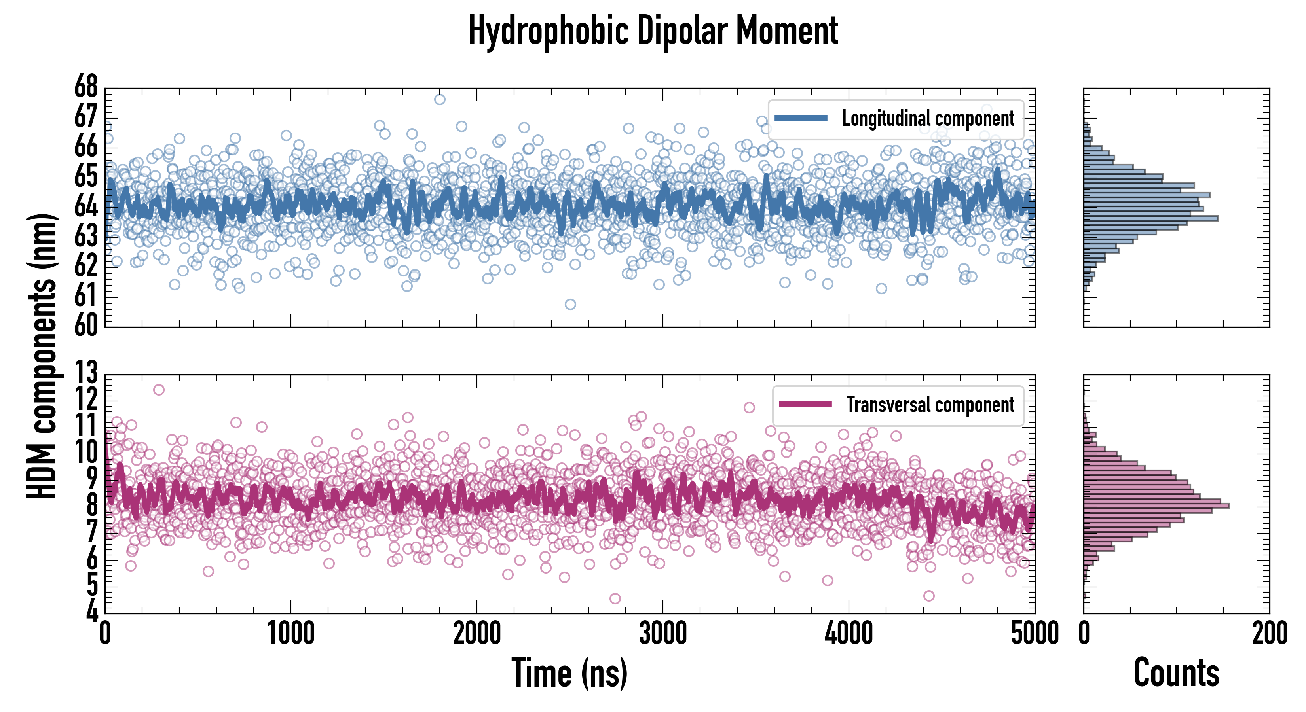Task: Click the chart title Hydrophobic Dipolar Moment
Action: pyautogui.click(x=653, y=31)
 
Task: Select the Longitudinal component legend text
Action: pyautogui.click(x=928, y=119)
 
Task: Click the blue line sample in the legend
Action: pyautogui.click(x=801, y=119)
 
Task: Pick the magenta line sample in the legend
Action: pyautogui.click(x=805, y=404)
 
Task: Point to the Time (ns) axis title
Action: pyautogui.click(x=569, y=673)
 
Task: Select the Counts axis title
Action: pyautogui.click(x=1176, y=673)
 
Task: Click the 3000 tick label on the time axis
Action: pyautogui.click(x=662, y=633)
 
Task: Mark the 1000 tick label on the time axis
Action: pyautogui.click(x=291, y=633)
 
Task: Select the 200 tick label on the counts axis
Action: pyautogui.click(x=1270, y=633)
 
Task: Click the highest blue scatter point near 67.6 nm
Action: pyautogui.click(x=440, y=99)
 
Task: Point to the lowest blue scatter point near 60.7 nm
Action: pyautogui.click(x=570, y=304)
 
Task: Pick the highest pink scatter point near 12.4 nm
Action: pyautogui.click(x=159, y=390)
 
